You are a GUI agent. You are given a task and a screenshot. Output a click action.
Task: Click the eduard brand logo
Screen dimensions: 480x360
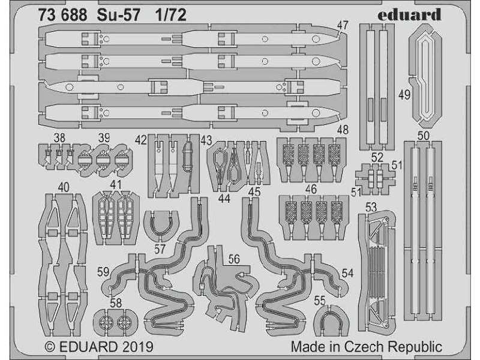point(409,14)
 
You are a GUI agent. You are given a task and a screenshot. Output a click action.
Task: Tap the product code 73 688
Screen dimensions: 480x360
point(63,15)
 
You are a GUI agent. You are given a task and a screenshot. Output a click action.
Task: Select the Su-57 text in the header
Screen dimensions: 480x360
point(118,15)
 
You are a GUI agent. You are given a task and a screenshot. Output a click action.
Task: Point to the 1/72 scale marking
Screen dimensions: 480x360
point(170,15)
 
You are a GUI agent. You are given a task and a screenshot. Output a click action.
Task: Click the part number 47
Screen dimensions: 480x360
point(343,26)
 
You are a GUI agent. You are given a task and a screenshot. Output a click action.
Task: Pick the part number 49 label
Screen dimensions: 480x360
point(404,95)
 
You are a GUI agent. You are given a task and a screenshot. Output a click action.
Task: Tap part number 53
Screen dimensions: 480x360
point(371,207)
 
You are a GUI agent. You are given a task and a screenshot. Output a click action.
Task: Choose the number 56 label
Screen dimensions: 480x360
point(234,259)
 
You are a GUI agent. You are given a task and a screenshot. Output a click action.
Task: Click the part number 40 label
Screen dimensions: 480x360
point(64,187)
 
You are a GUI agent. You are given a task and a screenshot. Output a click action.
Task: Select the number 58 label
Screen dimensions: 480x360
point(116,303)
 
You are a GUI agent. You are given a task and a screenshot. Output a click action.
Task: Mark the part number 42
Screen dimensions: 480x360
point(141,140)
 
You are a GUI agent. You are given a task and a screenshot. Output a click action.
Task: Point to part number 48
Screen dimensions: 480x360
point(343,130)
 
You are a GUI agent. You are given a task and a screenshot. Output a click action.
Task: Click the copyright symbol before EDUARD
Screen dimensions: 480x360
point(50,347)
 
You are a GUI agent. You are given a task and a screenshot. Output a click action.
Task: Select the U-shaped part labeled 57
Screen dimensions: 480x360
point(161,226)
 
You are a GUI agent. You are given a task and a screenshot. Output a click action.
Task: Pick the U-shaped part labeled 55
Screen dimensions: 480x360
point(332,320)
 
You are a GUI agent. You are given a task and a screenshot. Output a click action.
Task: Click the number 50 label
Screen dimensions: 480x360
point(423,136)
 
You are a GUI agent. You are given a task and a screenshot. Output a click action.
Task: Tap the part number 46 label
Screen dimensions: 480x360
point(311,189)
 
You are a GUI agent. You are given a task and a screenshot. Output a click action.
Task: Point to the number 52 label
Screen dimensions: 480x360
point(377,157)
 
